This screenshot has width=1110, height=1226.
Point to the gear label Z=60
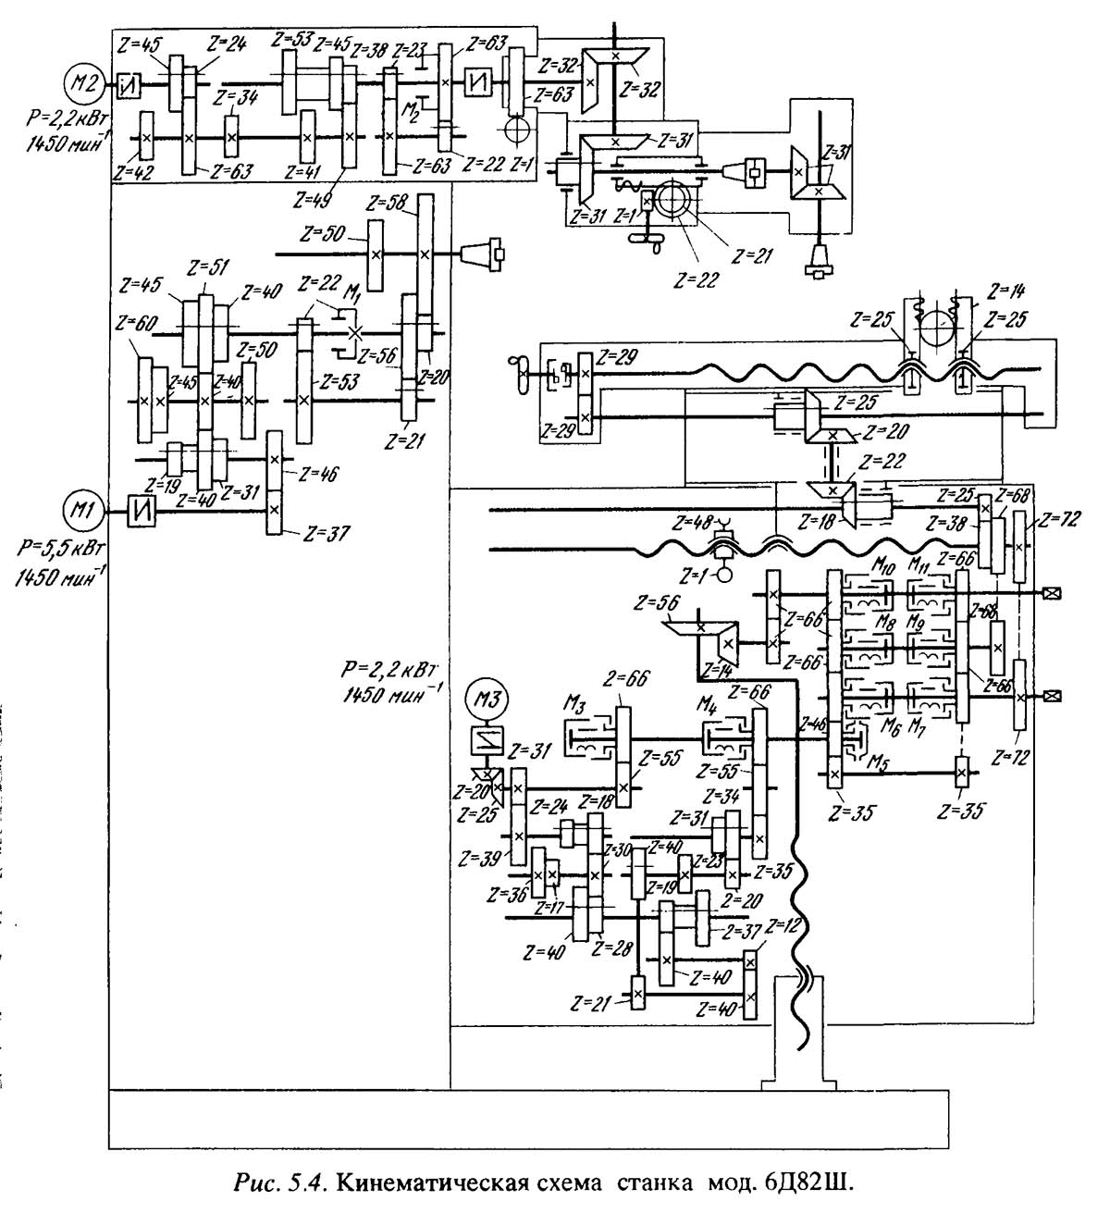coord(134,324)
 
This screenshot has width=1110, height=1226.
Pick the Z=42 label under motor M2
coord(131,171)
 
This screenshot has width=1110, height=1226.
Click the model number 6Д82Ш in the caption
coord(804,1183)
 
